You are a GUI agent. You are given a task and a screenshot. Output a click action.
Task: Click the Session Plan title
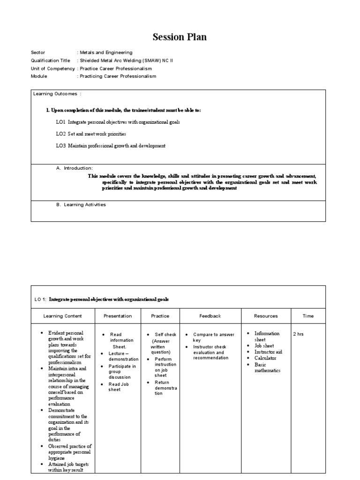point(180,37)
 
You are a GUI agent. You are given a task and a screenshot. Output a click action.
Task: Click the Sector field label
point(38,53)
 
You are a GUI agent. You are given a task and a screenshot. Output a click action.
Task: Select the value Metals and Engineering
point(106,53)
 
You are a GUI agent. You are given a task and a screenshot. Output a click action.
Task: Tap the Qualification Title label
point(50,60)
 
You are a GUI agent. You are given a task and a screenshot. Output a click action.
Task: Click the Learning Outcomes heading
point(57,94)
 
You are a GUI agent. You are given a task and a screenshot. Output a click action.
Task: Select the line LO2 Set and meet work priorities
point(91,134)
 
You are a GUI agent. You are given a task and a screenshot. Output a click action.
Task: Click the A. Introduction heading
point(75,168)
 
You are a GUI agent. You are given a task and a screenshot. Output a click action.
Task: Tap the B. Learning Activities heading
point(81,205)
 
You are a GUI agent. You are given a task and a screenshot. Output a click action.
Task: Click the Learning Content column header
point(63,316)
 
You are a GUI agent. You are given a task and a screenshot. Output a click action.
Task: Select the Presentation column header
point(118,316)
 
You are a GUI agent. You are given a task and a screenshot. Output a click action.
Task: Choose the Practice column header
point(160,316)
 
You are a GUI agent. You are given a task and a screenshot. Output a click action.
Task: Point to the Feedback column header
point(210,316)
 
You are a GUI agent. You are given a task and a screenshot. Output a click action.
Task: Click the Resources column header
point(266,316)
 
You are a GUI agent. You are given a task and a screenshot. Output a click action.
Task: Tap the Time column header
point(308,316)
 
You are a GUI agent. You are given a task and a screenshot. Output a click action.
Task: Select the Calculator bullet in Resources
point(265,358)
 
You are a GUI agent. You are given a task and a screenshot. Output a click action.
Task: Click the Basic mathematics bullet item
point(267,367)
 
